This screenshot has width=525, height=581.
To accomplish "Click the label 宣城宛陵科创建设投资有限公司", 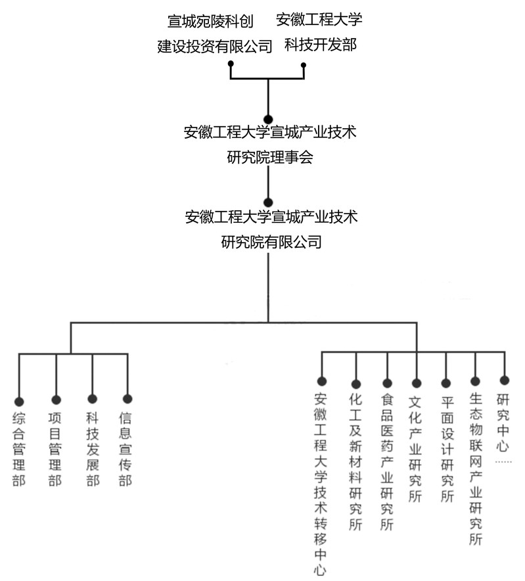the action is pyautogui.click(x=215, y=34).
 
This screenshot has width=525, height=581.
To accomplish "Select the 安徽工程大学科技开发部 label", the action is pyautogui.click(x=319, y=32).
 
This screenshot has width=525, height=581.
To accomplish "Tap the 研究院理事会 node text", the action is pyautogui.click(x=270, y=145).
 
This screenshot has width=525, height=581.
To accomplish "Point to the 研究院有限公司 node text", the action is pyautogui.click(x=271, y=229).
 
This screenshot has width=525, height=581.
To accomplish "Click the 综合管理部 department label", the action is pyautogui.click(x=19, y=450).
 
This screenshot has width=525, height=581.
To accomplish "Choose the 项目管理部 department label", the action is pyautogui.click(x=55, y=450).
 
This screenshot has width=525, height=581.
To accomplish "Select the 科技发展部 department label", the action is pyautogui.click(x=93, y=450).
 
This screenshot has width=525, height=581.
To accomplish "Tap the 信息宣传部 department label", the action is pyautogui.click(x=126, y=450).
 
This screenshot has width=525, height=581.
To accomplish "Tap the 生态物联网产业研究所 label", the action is pyautogui.click(x=476, y=469).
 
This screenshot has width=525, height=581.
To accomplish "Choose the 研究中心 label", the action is pyautogui.click(x=503, y=423).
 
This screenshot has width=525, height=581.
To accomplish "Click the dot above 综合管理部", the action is pyautogui.click(x=19, y=402).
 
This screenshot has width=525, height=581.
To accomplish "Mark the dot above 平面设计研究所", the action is pyautogui.click(x=446, y=383).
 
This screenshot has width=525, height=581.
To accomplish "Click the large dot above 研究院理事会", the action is pyautogui.click(x=268, y=120).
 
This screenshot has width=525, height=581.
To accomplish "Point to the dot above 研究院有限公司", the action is pyautogui.click(x=268, y=202).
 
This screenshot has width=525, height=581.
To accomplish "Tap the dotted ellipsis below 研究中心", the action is pyautogui.click(x=503, y=461).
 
